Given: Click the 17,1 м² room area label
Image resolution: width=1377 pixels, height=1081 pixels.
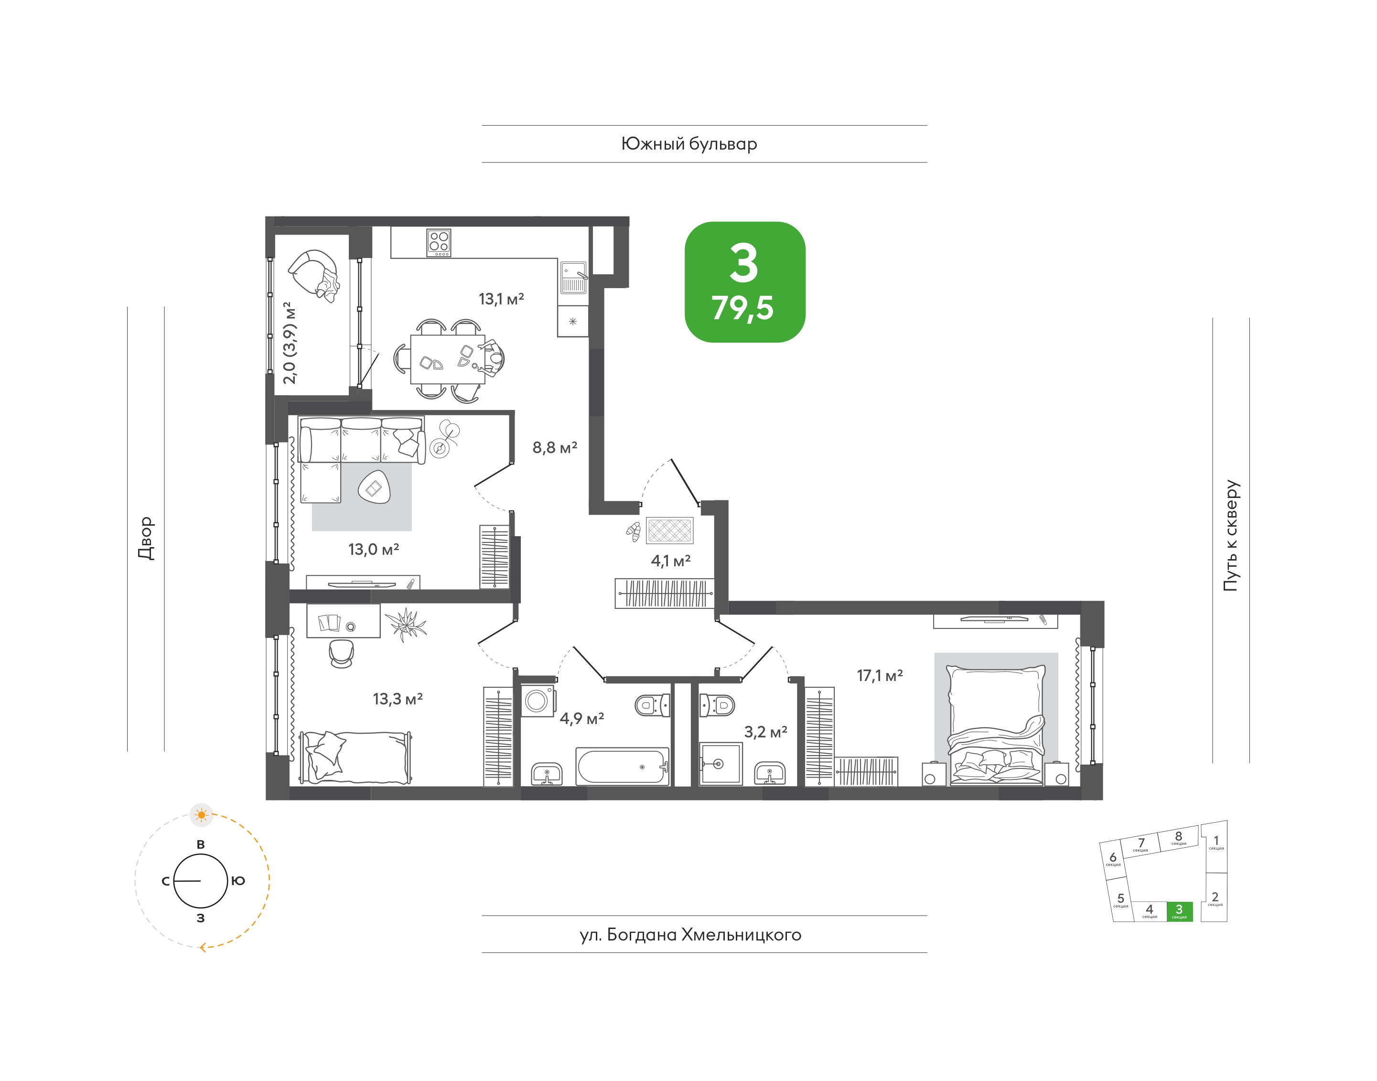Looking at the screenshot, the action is click(880, 676).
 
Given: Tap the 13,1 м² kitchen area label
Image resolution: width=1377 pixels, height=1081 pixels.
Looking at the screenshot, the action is click(501, 299).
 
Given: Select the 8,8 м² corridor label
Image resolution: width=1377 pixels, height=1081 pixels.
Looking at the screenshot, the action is click(554, 447).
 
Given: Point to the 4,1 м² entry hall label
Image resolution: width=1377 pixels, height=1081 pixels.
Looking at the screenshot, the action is click(671, 561).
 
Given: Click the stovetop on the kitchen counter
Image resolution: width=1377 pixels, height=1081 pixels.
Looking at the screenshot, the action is click(439, 242).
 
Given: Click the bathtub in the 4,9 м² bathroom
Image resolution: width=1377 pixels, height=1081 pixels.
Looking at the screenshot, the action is click(622, 767).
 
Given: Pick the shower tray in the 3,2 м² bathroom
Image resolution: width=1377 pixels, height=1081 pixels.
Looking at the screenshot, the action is click(720, 764).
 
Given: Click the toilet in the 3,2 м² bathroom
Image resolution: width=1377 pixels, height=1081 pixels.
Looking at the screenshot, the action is click(717, 705).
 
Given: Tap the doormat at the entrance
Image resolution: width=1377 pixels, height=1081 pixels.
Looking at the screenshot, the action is click(669, 530).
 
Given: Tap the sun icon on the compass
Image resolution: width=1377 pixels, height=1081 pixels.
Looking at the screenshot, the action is click(201, 814).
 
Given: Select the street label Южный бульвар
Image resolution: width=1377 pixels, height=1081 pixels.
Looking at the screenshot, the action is click(689, 144).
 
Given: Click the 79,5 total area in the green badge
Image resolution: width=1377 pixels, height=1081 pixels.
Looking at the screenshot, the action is click(743, 308).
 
